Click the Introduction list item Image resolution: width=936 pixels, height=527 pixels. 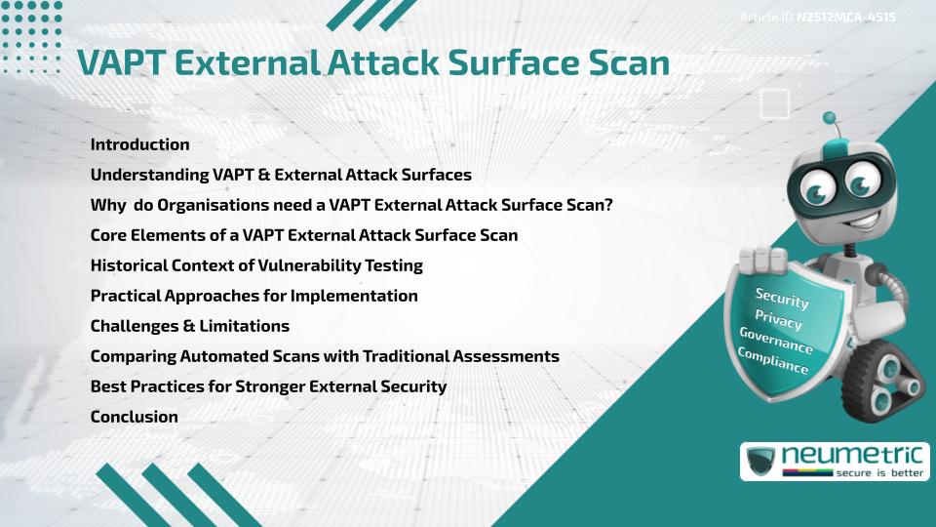click(x=139, y=144)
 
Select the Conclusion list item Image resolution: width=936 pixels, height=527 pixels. click(x=134, y=417)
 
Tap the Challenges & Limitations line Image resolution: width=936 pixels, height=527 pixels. click(x=189, y=326)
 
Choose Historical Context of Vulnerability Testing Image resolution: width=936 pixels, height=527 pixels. click(x=255, y=265)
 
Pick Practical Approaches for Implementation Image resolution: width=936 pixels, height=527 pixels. click(x=253, y=296)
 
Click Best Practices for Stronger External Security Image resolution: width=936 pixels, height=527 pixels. click(x=268, y=386)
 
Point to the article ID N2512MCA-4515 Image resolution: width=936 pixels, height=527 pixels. click(x=845, y=18)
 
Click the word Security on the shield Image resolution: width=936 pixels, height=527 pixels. click(x=782, y=298)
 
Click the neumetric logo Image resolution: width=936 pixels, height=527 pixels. click(x=835, y=462)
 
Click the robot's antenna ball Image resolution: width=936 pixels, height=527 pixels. click(x=831, y=117)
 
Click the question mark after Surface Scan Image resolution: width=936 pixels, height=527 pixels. click(x=607, y=205)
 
